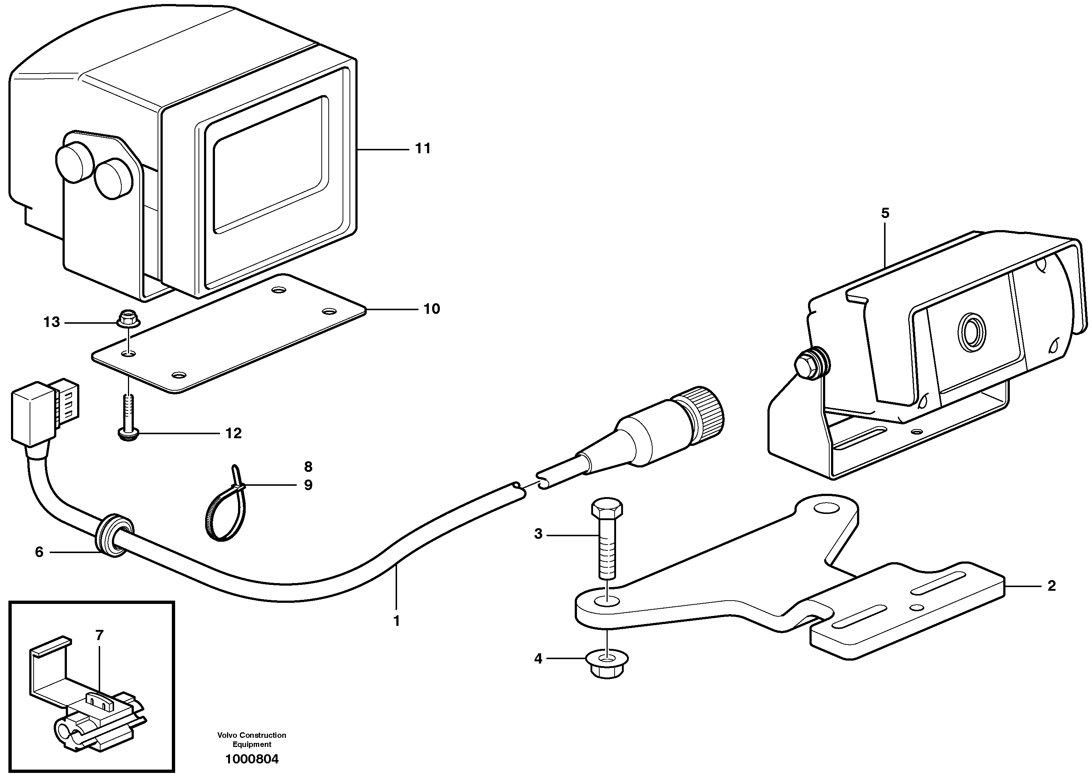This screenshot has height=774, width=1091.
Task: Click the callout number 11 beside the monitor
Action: [423, 149]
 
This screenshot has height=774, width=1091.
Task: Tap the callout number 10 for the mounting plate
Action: [432, 309]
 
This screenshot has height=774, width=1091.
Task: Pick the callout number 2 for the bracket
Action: [1052, 586]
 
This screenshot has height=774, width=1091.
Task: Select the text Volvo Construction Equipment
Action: [252, 739]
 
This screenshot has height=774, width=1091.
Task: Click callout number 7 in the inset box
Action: [99, 635]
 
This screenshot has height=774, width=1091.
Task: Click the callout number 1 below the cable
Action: [396, 621]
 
